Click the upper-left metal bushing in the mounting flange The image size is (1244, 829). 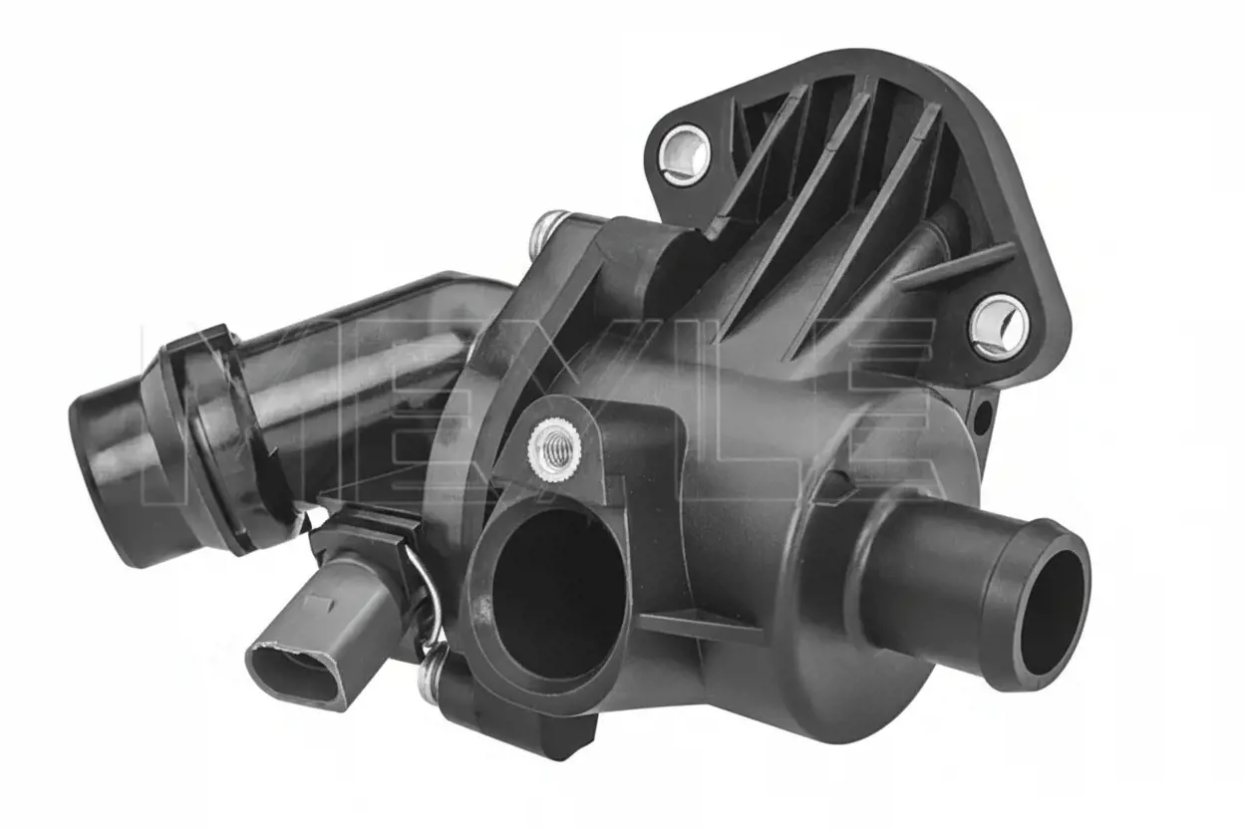coord(684,154)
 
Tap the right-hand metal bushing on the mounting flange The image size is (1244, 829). coord(999,328)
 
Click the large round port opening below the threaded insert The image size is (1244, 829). coord(558,593)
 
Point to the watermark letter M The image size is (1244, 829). coord(239,412)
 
